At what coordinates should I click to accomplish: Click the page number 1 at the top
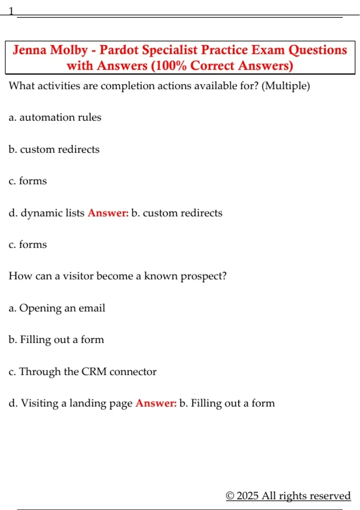pyautogui.click(x=11, y=11)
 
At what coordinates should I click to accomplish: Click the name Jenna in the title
pyautogui.click(x=29, y=50)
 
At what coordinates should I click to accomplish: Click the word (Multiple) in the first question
pyautogui.click(x=286, y=86)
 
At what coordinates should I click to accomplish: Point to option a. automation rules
pyautogui.click(x=55, y=117)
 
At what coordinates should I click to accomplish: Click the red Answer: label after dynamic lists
pyautogui.click(x=108, y=213)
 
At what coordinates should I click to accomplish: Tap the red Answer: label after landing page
pyautogui.click(x=156, y=403)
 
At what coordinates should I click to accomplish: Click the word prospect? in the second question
pyautogui.click(x=203, y=276)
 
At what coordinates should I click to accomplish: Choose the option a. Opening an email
pyautogui.click(x=57, y=308)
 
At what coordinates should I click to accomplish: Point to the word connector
pyautogui.click(x=133, y=372)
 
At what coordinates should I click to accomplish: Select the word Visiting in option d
pyautogui.click(x=40, y=403)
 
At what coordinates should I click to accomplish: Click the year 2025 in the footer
pyautogui.click(x=247, y=496)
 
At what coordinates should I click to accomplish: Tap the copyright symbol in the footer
pyautogui.click(x=230, y=496)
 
